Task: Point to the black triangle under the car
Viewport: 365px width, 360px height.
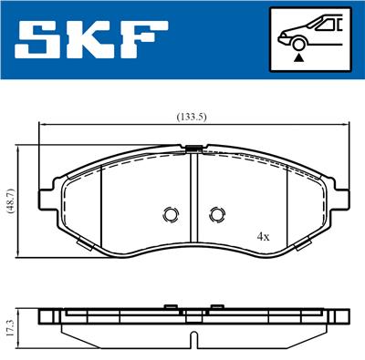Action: (299, 57)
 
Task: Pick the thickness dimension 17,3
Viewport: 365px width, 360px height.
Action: (9, 325)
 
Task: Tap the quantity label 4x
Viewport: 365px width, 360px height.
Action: (263, 235)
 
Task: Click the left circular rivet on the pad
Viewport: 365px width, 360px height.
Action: (169, 214)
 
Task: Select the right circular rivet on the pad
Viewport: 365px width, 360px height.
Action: (216, 214)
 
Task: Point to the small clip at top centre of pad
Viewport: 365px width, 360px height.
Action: (193, 148)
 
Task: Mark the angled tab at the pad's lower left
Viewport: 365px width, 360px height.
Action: (86, 243)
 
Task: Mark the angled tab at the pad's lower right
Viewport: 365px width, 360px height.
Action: (298, 243)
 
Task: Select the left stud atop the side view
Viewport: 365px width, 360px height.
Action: (169, 306)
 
